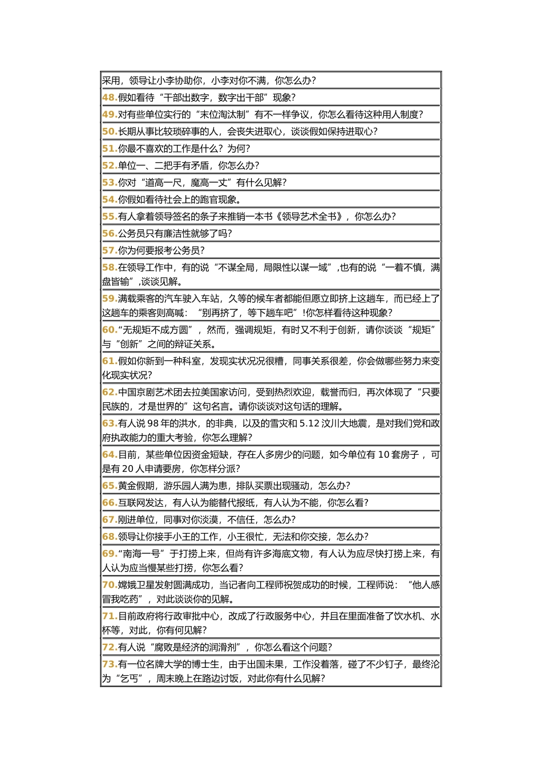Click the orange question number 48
[x=109, y=98]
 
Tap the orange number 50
[x=109, y=132]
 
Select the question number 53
[x=109, y=183]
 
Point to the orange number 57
[x=109, y=251]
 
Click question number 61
[x=109, y=361]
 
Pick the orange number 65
[x=109, y=486]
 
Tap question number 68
[x=109, y=537]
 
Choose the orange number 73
[x=109, y=665]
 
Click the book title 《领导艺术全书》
[x=309, y=217]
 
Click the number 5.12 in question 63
[x=310, y=424]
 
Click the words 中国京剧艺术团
[x=149, y=393]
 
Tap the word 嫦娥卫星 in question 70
[x=136, y=586]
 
